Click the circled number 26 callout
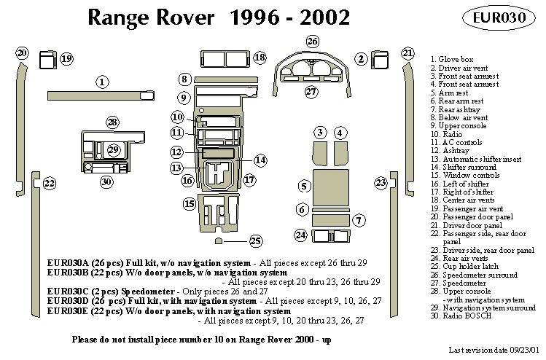(x=312, y=41)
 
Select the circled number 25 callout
(x=255, y=240)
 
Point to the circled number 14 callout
(x=260, y=160)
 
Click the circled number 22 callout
(x=49, y=183)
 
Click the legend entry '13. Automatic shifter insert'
(x=473, y=158)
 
